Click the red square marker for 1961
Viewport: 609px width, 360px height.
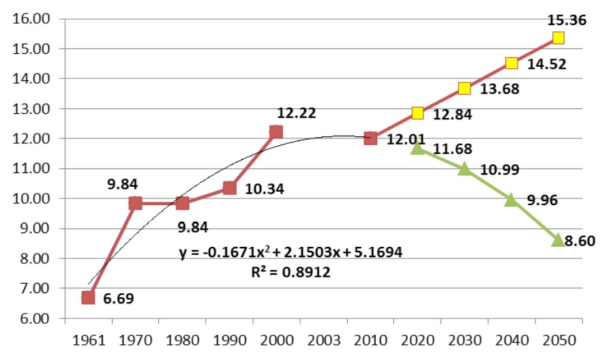click(88, 297)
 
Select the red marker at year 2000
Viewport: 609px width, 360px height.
click(276, 132)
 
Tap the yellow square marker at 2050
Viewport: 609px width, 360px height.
click(559, 38)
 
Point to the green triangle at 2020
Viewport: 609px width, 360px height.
click(417, 148)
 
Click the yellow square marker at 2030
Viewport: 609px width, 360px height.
click(464, 88)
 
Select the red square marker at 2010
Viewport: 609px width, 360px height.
click(370, 138)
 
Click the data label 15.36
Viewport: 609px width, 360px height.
click(566, 20)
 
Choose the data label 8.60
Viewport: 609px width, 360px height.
click(577, 241)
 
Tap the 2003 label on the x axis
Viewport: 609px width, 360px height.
click(323, 339)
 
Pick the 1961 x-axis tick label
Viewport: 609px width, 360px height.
click(88, 339)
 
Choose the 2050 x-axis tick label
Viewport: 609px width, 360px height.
click(559, 339)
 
